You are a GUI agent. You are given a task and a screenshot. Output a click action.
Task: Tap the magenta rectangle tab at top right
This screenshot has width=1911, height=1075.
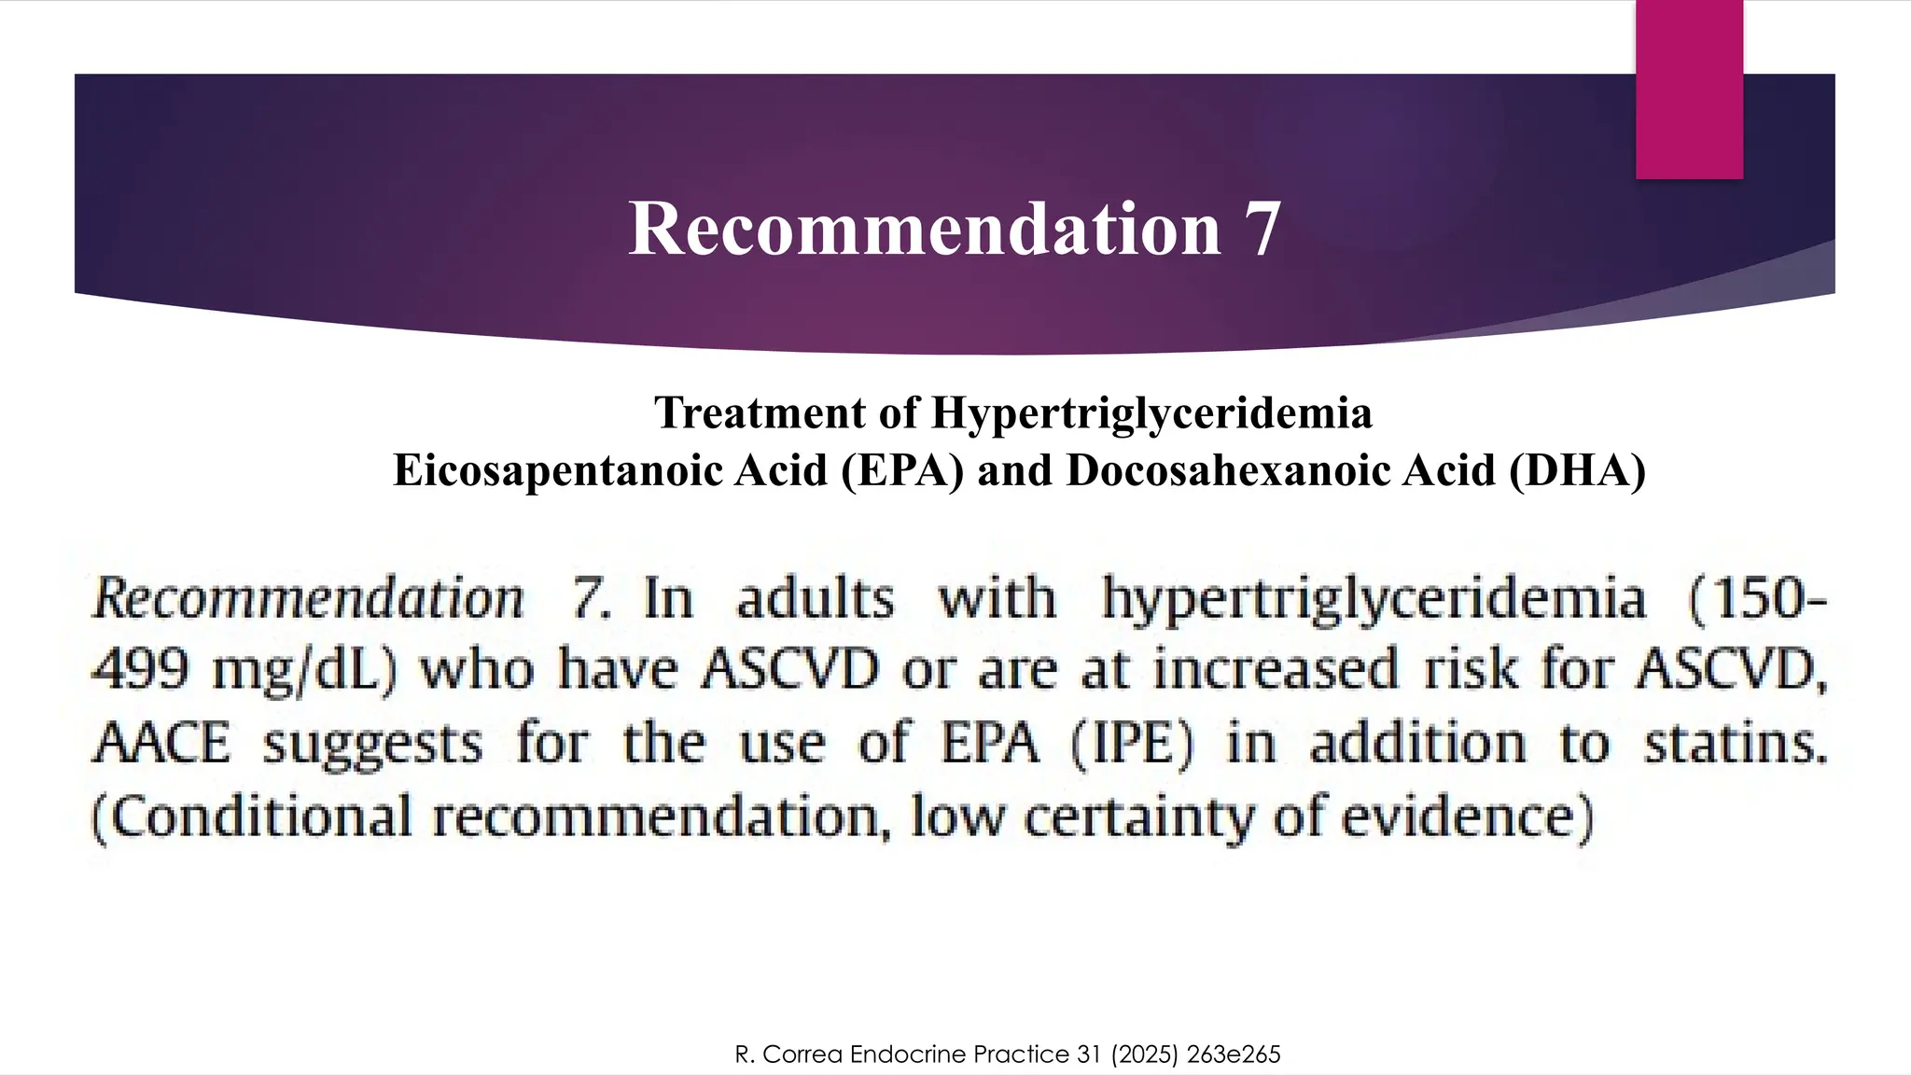1689,90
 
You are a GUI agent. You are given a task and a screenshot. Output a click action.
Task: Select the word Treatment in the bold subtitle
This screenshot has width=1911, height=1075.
760,412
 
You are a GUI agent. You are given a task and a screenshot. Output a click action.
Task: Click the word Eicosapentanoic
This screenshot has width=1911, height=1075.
557,470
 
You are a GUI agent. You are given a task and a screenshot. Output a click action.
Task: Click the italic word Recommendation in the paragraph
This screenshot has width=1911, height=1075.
308,598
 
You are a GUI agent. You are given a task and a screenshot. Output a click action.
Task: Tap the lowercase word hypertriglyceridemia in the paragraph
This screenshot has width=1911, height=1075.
1374,598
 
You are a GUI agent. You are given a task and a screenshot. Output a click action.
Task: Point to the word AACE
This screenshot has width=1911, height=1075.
160,744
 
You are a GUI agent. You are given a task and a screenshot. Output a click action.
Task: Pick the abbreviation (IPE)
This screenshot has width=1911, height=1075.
1132,744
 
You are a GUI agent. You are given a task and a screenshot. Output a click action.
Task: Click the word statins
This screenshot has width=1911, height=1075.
1734,744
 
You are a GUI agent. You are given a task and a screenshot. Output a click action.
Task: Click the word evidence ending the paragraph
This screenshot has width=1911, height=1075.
1465,817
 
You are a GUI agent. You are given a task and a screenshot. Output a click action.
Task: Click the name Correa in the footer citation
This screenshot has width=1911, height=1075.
802,1054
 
